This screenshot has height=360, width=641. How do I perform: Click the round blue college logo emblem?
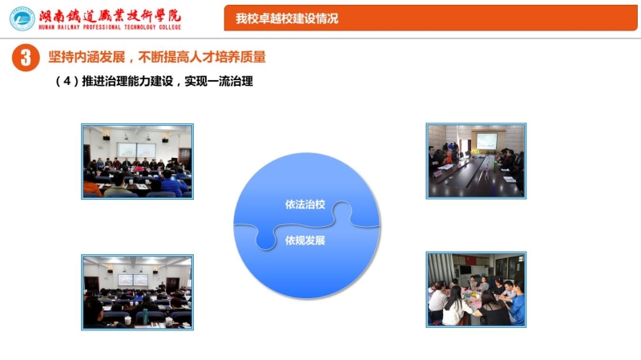(x=22, y=18)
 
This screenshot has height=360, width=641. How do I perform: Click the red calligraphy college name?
(x=110, y=16)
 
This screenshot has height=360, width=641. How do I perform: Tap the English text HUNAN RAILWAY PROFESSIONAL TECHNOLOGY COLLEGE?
(x=110, y=27)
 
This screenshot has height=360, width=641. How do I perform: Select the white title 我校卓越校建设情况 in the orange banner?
(x=287, y=18)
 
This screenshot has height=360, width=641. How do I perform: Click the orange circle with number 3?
(x=26, y=58)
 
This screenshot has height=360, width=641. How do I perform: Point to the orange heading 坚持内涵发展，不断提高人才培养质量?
(x=157, y=57)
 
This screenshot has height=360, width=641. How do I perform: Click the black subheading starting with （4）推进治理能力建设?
(x=154, y=81)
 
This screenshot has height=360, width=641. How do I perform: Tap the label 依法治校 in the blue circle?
(x=305, y=204)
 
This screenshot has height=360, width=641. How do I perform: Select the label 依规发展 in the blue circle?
(x=305, y=241)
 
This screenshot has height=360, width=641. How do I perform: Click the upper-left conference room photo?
(x=137, y=162)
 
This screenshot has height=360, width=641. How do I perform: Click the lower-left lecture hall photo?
(x=137, y=292)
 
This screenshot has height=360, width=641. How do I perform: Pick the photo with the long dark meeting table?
(x=476, y=161)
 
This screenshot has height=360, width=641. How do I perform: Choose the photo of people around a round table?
(x=476, y=289)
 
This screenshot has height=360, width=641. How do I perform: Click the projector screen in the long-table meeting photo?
(x=486, y=141)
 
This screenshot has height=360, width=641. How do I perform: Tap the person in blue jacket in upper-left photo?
(x=175, y=184)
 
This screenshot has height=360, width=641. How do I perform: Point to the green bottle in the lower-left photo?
(x=145, y=315)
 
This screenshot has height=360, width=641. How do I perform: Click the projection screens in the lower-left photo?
(x=133, y=280)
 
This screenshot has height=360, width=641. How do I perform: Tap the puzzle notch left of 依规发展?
(x=265, y=238)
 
